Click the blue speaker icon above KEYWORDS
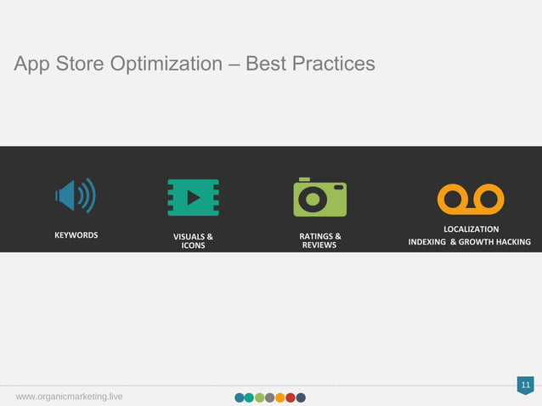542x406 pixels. point(76,196)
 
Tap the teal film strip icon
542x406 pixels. point(193,197)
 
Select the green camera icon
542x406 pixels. point(319,197)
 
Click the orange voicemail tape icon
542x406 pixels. point(471,200)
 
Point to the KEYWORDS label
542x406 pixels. point(76,234)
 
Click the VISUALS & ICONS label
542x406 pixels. point(193,240)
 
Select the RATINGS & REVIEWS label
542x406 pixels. point(319,240)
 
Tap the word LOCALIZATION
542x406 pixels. point(471,229)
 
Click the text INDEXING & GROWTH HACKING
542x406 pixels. point(470,243)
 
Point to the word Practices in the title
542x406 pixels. point(335,65)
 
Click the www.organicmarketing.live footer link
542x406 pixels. point(69,397)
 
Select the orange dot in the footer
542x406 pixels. point(280,398)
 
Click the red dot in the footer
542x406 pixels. point(291,398)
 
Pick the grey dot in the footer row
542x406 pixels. point(270,398)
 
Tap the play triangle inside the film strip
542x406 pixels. point(194,197)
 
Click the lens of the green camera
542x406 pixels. point(313,199)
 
